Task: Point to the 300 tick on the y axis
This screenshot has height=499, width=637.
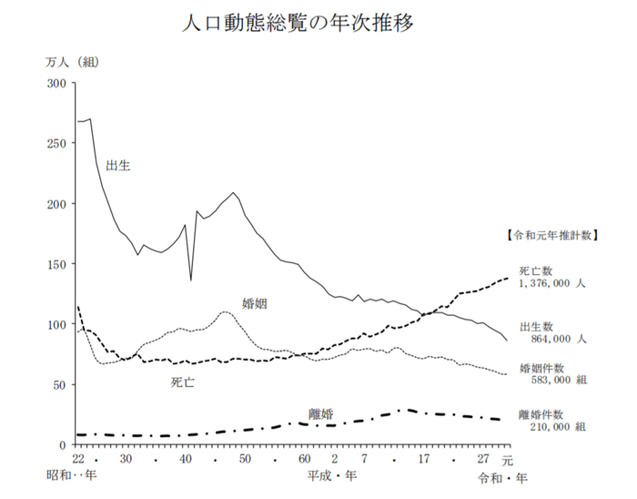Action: [x=56, y=84]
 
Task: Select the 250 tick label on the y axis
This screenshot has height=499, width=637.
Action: [x=56, y=144]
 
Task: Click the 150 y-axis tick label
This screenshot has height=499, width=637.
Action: [x=56, y=264]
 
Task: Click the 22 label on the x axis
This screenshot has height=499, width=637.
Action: [x=79, y=459]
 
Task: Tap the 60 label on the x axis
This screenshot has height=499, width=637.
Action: [x=304, y=459]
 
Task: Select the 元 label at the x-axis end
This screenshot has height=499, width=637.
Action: [x=507, y=459]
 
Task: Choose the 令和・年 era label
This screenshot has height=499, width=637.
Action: [x=501, y=477]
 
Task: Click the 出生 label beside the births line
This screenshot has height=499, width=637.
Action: [x=118, y=165]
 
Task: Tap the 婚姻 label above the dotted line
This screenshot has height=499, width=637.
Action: [x=254, y=302]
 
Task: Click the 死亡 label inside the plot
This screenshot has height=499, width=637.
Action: [x=182, y=382]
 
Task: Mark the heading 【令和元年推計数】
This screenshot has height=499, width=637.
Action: [x=551, y=234]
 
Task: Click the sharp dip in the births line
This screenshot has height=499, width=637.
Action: [x=191, y=280]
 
